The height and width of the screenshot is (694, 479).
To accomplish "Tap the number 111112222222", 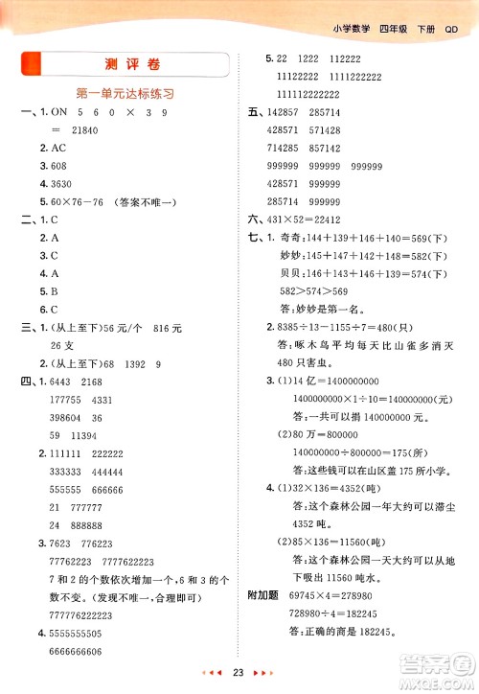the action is (x=311, y=93).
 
